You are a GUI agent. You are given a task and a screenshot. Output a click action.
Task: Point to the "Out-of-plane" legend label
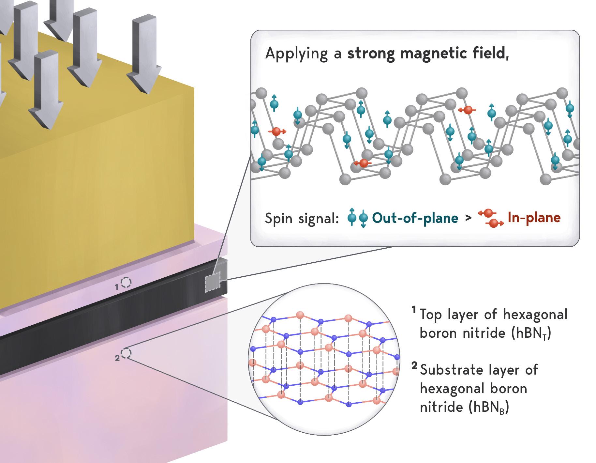pos(415,218)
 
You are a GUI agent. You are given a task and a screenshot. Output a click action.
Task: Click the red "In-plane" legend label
pos(534,218)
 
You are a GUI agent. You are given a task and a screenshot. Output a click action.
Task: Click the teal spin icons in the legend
pos(358,218)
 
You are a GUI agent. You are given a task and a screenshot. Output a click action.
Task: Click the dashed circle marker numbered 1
pos(126,283)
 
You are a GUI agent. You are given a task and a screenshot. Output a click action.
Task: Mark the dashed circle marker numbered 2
pos(126,353)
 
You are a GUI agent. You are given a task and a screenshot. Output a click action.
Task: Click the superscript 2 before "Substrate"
pos(414,366)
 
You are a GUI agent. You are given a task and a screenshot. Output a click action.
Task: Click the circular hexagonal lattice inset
pos(324,359)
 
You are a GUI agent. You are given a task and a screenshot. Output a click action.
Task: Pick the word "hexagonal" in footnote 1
pos(535,315)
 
